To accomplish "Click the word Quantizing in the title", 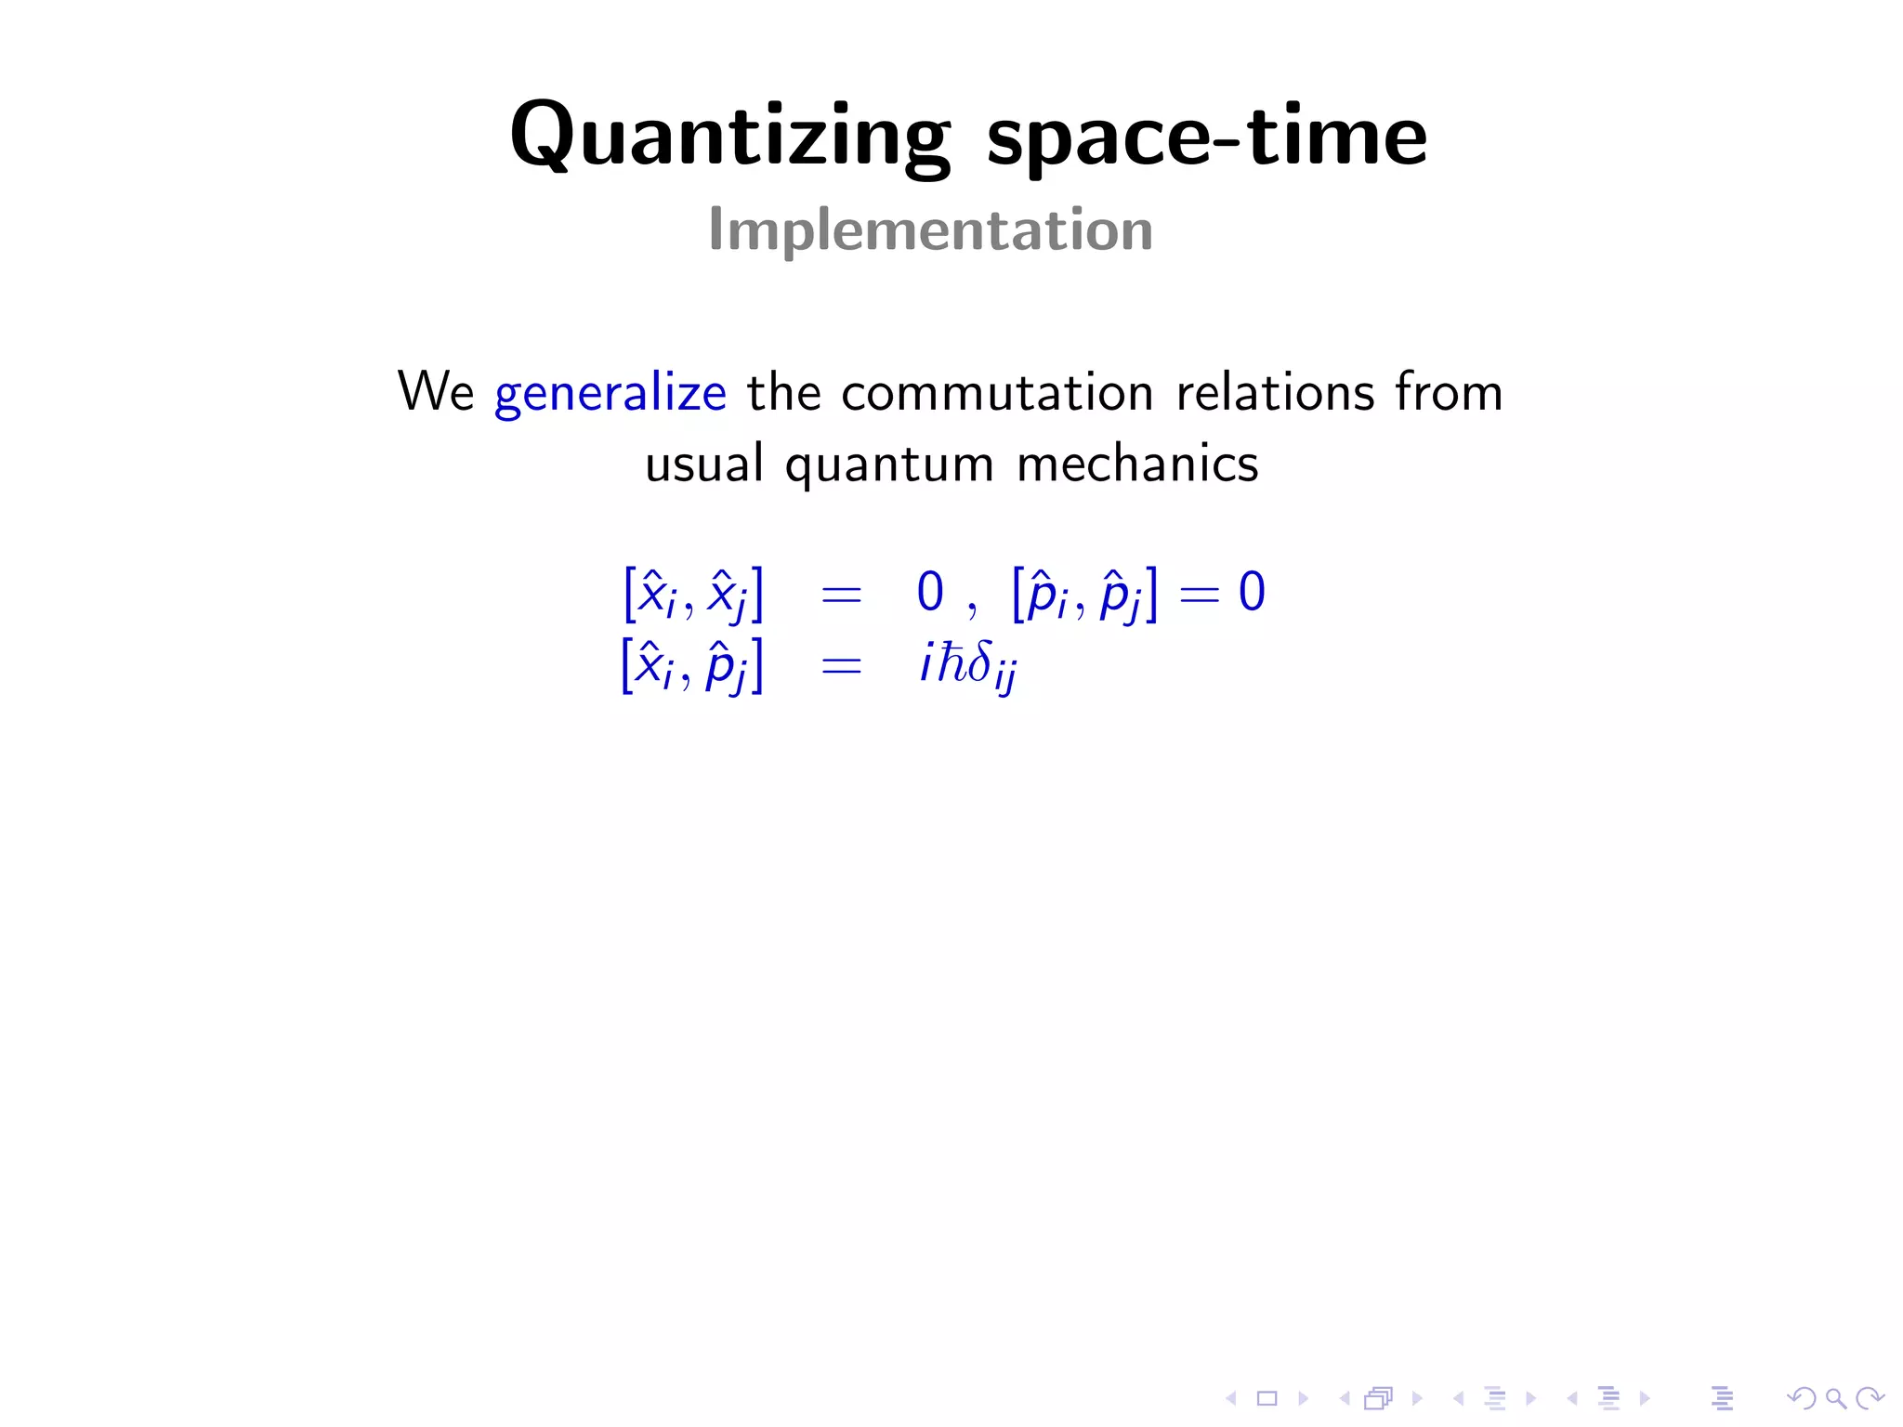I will pyautogui.click(x=730, y=137).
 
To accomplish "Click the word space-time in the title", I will pyautogui.click(x=1206, y=137).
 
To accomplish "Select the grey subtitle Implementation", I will pyautogui.click(x=930, y=229).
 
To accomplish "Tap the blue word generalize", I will pyautogui.click(x=610, y=392).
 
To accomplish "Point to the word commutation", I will pyautogui.click(x=997, y=392).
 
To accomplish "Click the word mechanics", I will pyautogui.click(x=1137, y=464).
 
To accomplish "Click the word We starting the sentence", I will pyautogui.click(x=435, y=391).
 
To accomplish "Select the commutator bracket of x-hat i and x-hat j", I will pyautogui.click(x=693, y=595).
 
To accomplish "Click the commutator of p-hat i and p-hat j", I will pyautogui.click(x=1084, y=595).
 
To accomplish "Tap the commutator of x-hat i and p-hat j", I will pyautogui.click(x=692, y=666).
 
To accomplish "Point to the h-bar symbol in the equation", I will pyautogui.click(x=951, y=661).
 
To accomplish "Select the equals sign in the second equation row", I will pyautogui.click(x=841, y=666).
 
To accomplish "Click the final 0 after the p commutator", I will pyautogui.click(x=1252, y=592).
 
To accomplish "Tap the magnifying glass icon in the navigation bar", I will pyautogui.click(x=1835, y=1398).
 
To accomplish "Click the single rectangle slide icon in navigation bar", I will pyautogui.click(x=1266, y=1398).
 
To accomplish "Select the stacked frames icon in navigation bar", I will pyautogui.click(x=1378, y=1398).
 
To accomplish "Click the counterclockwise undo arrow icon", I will pyautogui.click(x=1802, y=1398).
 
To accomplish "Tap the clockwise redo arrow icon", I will pyautogui.click(x=1870, y=1398).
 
